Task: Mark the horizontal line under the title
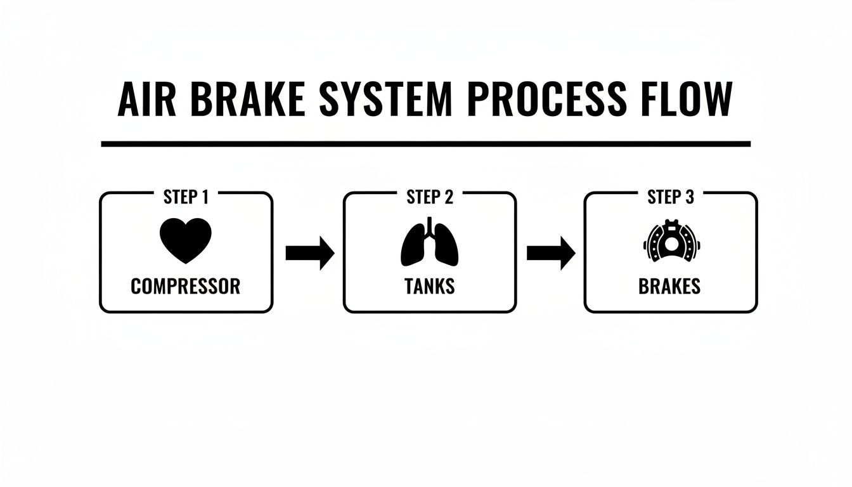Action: pos(425,144)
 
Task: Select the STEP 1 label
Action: pos(186,197)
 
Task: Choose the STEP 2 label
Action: pos(430,197)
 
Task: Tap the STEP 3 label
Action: pos(671,197)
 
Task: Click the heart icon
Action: pos(186,240)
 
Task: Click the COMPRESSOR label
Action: pos(186,286)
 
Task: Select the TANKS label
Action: pos(430,286)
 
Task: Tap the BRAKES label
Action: pos(670,286)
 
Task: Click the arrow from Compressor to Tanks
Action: pos(309,253)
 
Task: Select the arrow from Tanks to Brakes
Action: pos(551,253)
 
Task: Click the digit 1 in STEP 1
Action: pos(204,197)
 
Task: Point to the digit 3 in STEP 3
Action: pos(690,197)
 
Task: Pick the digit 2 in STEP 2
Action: pos(449,197)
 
